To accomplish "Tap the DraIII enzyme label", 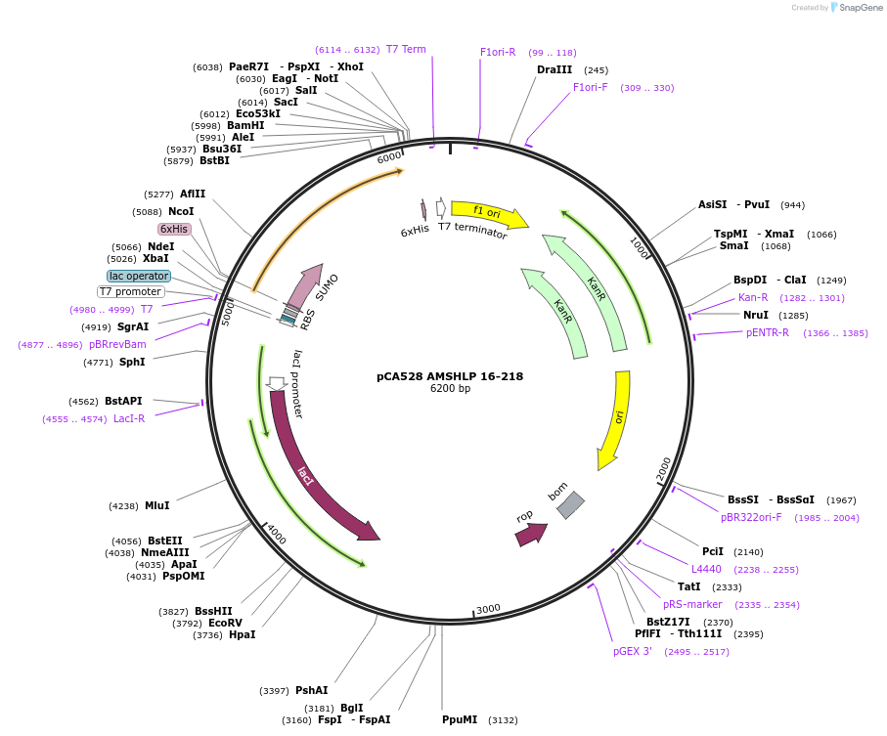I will pos(554,69).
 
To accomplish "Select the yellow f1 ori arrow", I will pos(489,213).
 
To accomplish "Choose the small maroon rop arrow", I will pos(530,534).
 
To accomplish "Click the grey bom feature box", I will pos(570,505).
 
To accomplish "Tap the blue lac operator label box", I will pos(139,277).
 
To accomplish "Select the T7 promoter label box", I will pos(131,291).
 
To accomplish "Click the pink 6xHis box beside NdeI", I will pos(174,229).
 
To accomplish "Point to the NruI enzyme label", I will pos(755,315).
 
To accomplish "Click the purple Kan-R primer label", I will pos(752,297).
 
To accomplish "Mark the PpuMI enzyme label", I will pos(460,719).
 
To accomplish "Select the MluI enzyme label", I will pos(156,505).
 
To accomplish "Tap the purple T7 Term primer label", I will pos(406,49).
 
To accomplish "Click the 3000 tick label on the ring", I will pos(488,608).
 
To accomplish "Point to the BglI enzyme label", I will pos(351,708).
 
